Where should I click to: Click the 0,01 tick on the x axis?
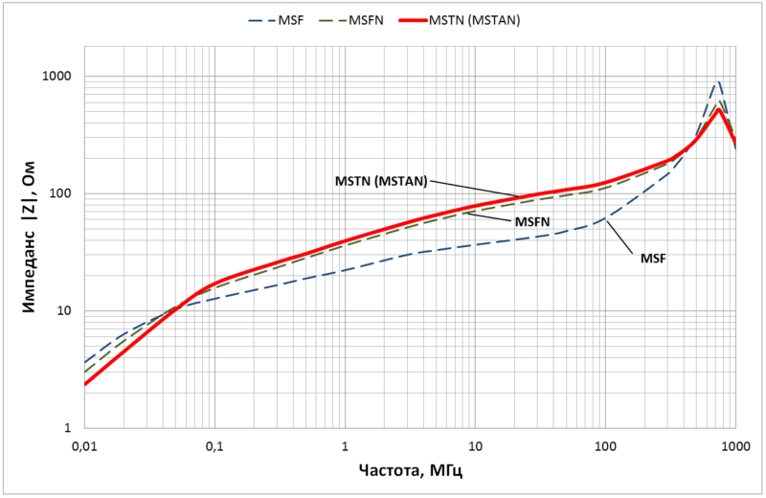click(84, 446)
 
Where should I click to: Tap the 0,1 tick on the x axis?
click(214, 446)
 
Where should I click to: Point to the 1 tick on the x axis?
click(345, 446)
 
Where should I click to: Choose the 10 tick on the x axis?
click(475, 446)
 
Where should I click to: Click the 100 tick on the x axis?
click(605, 446)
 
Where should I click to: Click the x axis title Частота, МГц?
click(410, 472)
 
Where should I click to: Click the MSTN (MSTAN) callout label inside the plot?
click(380, 179)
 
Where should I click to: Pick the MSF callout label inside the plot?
click(654, 259)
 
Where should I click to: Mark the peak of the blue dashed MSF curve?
click(719, 81)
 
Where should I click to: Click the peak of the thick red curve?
click(718, 109)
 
